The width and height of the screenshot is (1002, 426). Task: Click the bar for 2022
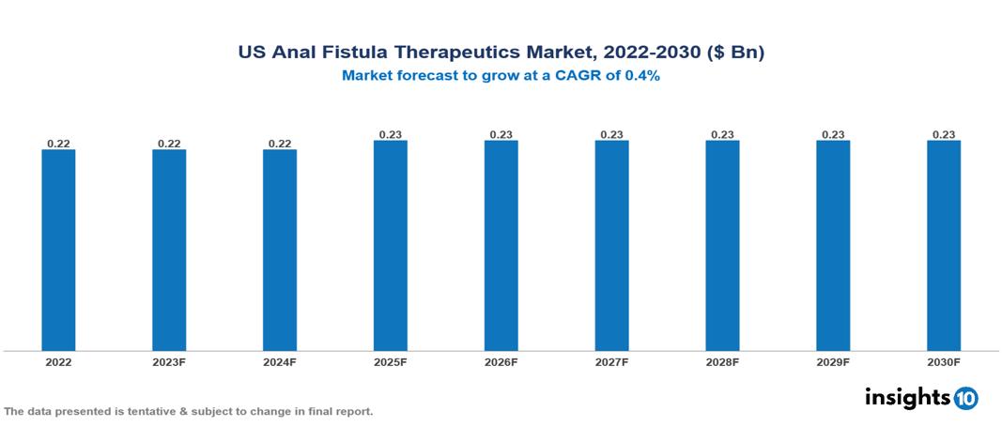58,250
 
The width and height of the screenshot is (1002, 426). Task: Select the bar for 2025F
391,245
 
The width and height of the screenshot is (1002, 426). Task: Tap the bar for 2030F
944,245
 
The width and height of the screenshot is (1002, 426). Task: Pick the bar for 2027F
611,245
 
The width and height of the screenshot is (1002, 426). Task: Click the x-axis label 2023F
169,361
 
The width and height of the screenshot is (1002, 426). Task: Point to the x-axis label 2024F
280,361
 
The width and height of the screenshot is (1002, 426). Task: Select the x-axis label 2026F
501,361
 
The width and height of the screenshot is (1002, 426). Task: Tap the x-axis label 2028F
722,361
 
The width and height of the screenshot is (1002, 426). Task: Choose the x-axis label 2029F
833,361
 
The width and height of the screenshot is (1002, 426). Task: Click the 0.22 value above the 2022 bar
58,144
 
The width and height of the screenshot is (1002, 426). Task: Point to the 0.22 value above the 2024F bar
280,144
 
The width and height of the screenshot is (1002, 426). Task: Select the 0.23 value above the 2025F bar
391,134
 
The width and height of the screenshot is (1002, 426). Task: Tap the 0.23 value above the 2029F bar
833,134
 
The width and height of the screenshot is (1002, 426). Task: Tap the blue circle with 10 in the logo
966,398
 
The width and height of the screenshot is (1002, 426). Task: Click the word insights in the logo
907,397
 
